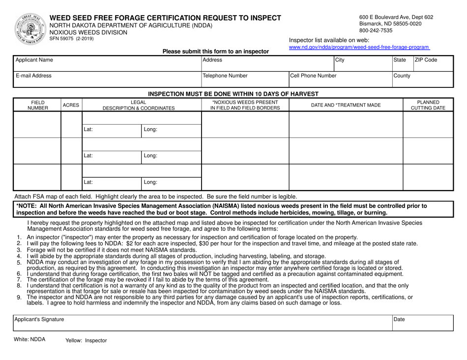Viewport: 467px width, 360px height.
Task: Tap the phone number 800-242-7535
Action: click(x=376, y=30)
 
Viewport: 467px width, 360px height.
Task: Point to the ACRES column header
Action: click(x=71, y=105)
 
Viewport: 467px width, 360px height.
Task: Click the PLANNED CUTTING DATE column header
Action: click(x=428, y=105)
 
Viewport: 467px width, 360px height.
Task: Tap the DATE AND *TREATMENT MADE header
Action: click(x=346, y=105)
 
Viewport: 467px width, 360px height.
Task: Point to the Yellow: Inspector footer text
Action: click(x=86, y=340)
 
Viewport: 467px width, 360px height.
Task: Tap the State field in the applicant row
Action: click(x=402, y=63)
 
